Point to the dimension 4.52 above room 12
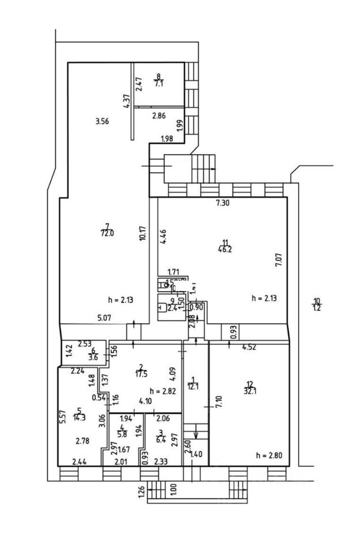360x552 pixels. [249, 346]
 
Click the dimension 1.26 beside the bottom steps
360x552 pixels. [142, 492]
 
